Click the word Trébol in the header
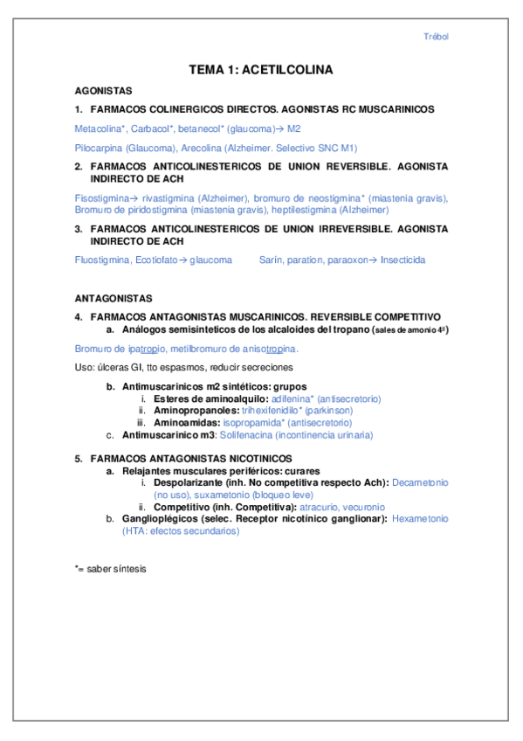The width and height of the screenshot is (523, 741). tap(436, 37)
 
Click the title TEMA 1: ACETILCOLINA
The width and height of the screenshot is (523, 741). tap(261, 70)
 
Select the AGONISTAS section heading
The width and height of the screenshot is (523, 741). tap(103, 90)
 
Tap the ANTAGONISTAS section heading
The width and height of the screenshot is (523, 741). tap(114, 298)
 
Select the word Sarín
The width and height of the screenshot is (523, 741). tap(272, 260)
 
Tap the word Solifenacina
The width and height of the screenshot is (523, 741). tap(243, 434)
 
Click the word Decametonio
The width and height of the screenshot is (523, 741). tap(421, 481)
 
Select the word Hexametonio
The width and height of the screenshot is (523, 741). tap(420, 518)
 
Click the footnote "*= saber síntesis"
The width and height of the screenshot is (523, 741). tap(111, 568)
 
